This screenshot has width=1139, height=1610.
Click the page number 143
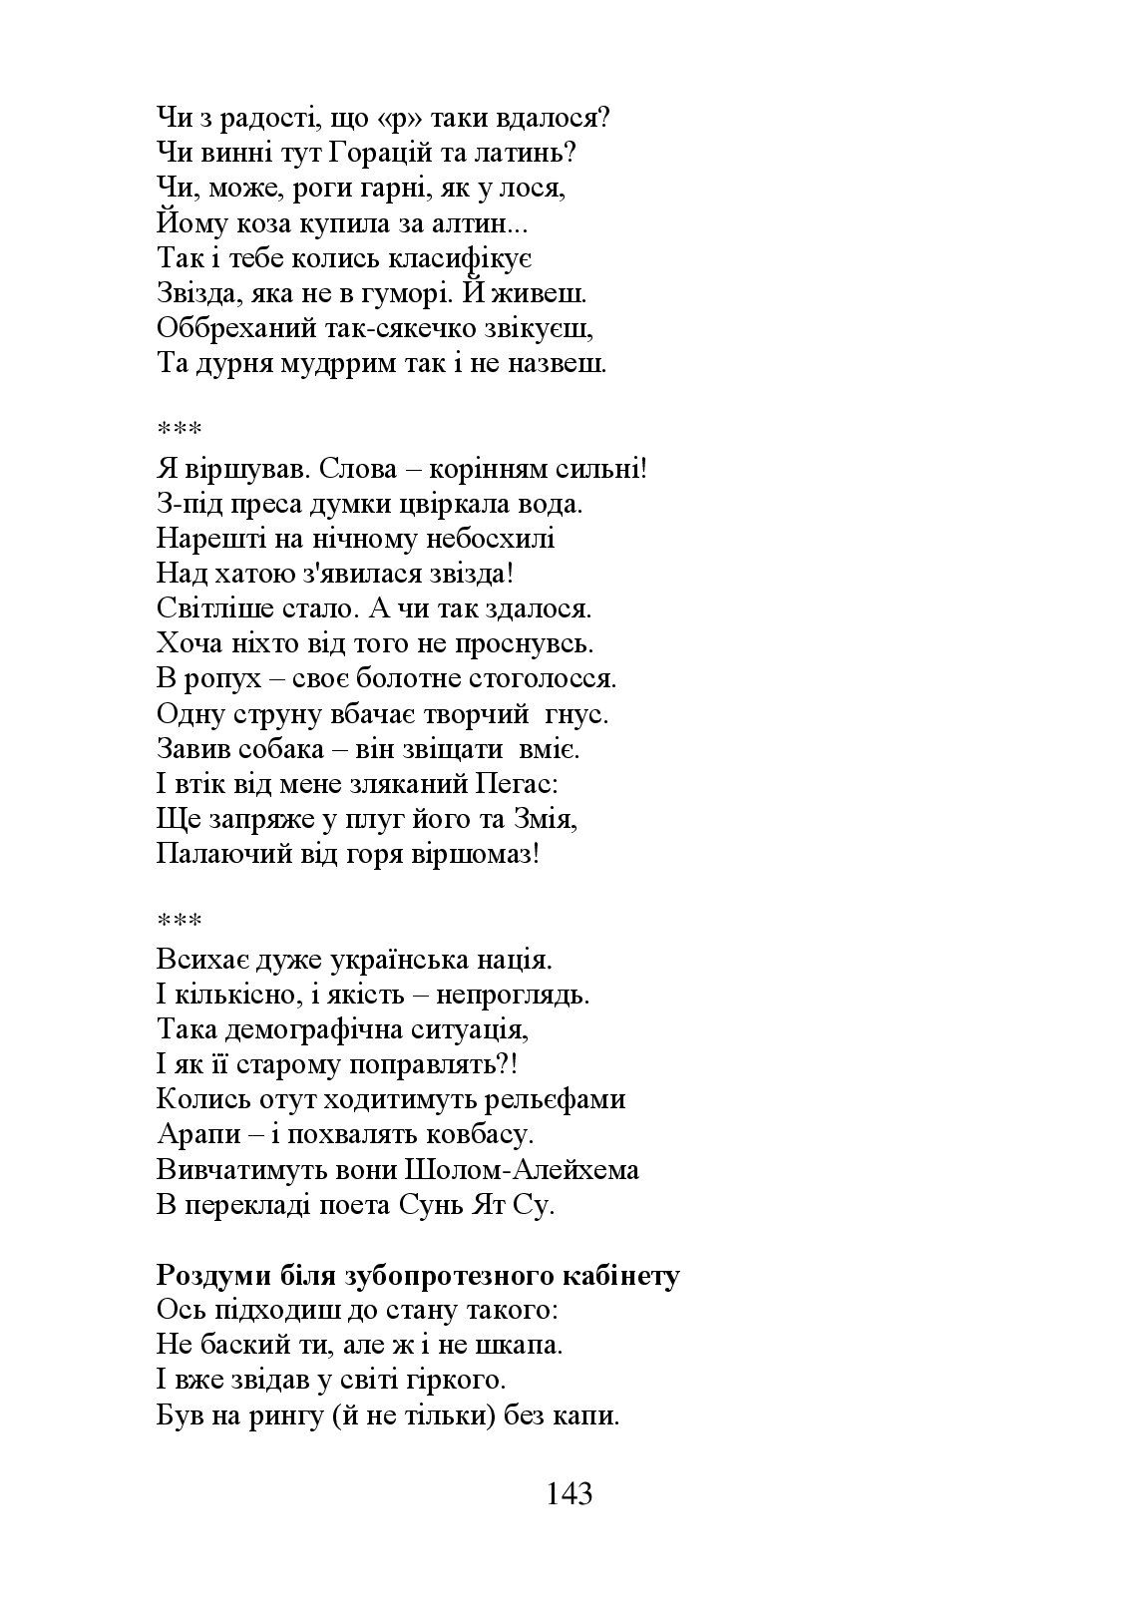pyautogui.click(x=569, y=1493)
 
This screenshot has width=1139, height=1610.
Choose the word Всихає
pyautogui.click(x=197, y=960)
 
